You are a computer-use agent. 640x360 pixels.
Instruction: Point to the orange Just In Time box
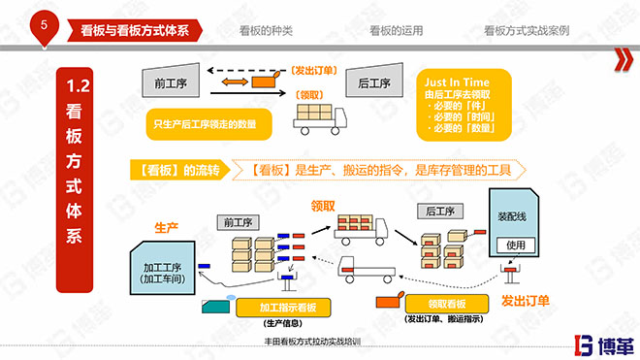click(x=463, y=104)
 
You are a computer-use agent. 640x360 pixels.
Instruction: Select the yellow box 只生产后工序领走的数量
click(x=207, y=123)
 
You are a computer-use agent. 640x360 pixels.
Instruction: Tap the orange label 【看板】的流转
click(x=178, y=170)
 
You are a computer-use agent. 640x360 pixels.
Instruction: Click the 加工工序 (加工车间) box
click(x=161, y=273)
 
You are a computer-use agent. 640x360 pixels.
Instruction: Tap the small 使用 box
click(x=515, y=245)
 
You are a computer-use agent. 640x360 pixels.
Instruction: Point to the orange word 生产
click(x=167, y=227)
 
